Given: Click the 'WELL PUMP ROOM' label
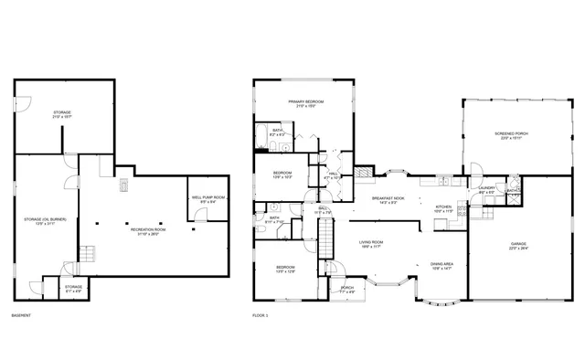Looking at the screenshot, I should coord(207,196).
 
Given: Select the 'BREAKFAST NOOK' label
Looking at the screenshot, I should coord(388,198).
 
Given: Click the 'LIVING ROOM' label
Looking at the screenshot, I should coord(370,242).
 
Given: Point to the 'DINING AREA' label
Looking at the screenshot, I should coord(442,264).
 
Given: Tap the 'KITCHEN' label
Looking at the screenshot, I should coord(443,207).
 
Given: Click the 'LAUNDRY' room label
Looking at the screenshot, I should coord(486,188).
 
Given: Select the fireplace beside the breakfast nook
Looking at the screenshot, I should coord(362,172).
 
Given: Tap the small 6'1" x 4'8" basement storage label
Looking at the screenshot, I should coord(73,287).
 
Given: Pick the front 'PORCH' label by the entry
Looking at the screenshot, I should coord(346,288).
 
